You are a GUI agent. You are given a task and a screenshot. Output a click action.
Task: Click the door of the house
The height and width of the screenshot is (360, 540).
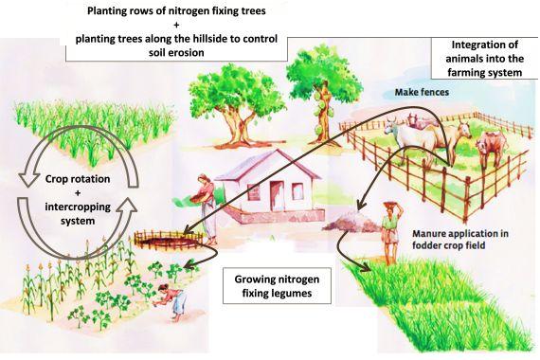[276, 196]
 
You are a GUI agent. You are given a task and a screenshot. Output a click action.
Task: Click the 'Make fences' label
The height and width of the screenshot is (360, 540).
[423, 93]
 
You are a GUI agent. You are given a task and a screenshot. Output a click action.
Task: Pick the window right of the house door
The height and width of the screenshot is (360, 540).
[303, 193]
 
